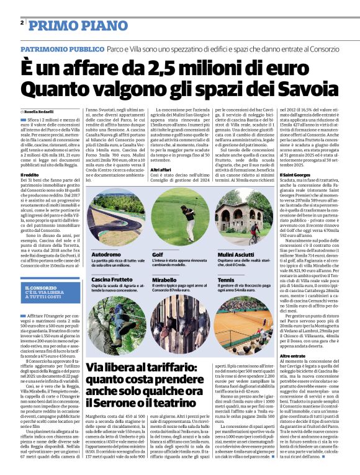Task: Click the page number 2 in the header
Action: [x=22, y=23]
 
